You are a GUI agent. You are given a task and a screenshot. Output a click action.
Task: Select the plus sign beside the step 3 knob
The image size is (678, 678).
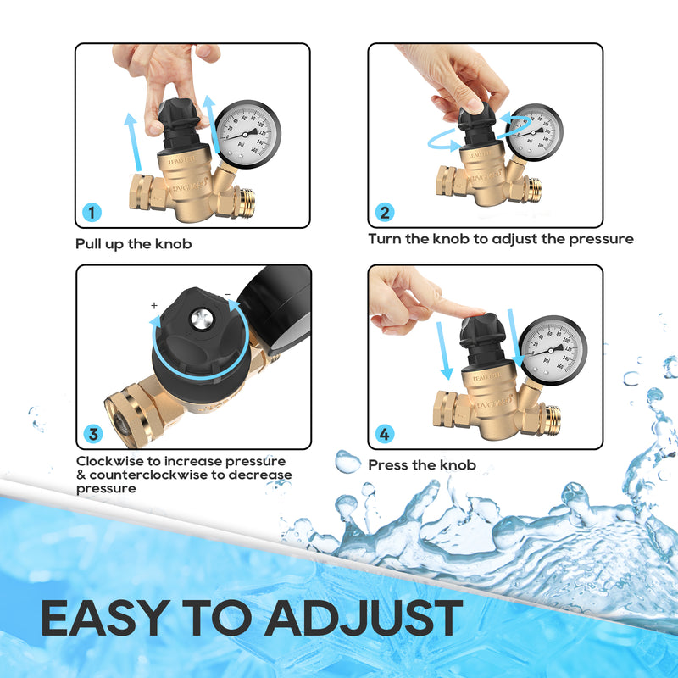point(154,305)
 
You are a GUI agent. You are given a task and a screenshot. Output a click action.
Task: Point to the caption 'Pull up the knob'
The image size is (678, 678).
point(134,244)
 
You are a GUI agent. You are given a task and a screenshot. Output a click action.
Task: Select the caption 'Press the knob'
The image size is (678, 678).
point(421,465)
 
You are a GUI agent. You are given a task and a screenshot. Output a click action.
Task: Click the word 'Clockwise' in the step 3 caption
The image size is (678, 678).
point(108,461)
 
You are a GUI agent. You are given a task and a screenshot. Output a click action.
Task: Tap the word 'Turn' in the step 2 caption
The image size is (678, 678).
point(386,239)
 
